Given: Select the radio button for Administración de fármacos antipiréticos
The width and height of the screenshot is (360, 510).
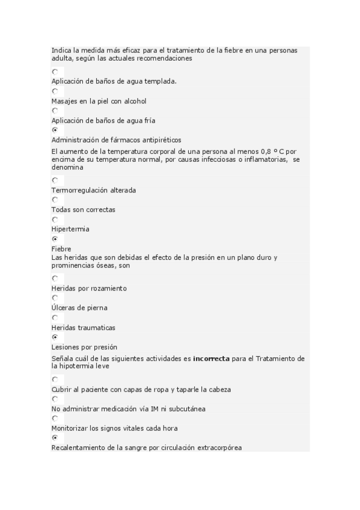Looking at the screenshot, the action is pyautogui.click(x=55, y=130).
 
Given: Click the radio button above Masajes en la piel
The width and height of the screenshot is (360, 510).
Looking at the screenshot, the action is pyautogui.click(x=55, y=91).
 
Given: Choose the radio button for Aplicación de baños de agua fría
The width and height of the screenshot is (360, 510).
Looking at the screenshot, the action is pyautogui.click(x=55, y=111).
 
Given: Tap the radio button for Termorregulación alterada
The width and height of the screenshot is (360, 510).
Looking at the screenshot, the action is pyautogui.click(x=55, y=180).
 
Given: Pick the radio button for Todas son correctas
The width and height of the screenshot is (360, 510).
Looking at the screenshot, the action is pyautogui.click(x=55, y=200).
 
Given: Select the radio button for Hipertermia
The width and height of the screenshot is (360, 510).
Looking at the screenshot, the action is pyautogui.click(x=55, y=220).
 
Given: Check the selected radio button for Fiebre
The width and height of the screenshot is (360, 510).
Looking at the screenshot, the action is pyautogui.click(x=55, y=239).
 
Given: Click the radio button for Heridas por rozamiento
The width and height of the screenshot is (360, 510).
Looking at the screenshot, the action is pyautogui.click(x=55, y=278).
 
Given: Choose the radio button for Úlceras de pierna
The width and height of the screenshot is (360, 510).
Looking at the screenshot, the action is pyautogui.click(x=55, y=298).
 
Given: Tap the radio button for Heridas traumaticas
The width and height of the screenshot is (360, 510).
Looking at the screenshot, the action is pyautogui.click(x=55, y=318).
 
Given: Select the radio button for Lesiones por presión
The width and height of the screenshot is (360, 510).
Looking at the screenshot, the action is pyautogui.click(x=55, y=337).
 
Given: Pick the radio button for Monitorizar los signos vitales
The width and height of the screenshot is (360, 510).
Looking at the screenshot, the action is pyautogui.click(x=55, y=418).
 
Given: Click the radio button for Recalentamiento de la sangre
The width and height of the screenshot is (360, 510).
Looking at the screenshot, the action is pyautogui.click(x=55, y=438).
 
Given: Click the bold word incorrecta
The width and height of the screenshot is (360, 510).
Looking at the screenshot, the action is pyautogui.click(x=211, y=358).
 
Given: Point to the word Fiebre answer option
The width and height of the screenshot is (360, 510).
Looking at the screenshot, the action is pyautogui.click(x=61, y=248).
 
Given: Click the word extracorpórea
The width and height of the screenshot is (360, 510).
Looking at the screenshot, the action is pyautogui.click(x=219, y=447).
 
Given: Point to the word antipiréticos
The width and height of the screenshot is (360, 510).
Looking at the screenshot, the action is pyautogui.click(x=159, y=140).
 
